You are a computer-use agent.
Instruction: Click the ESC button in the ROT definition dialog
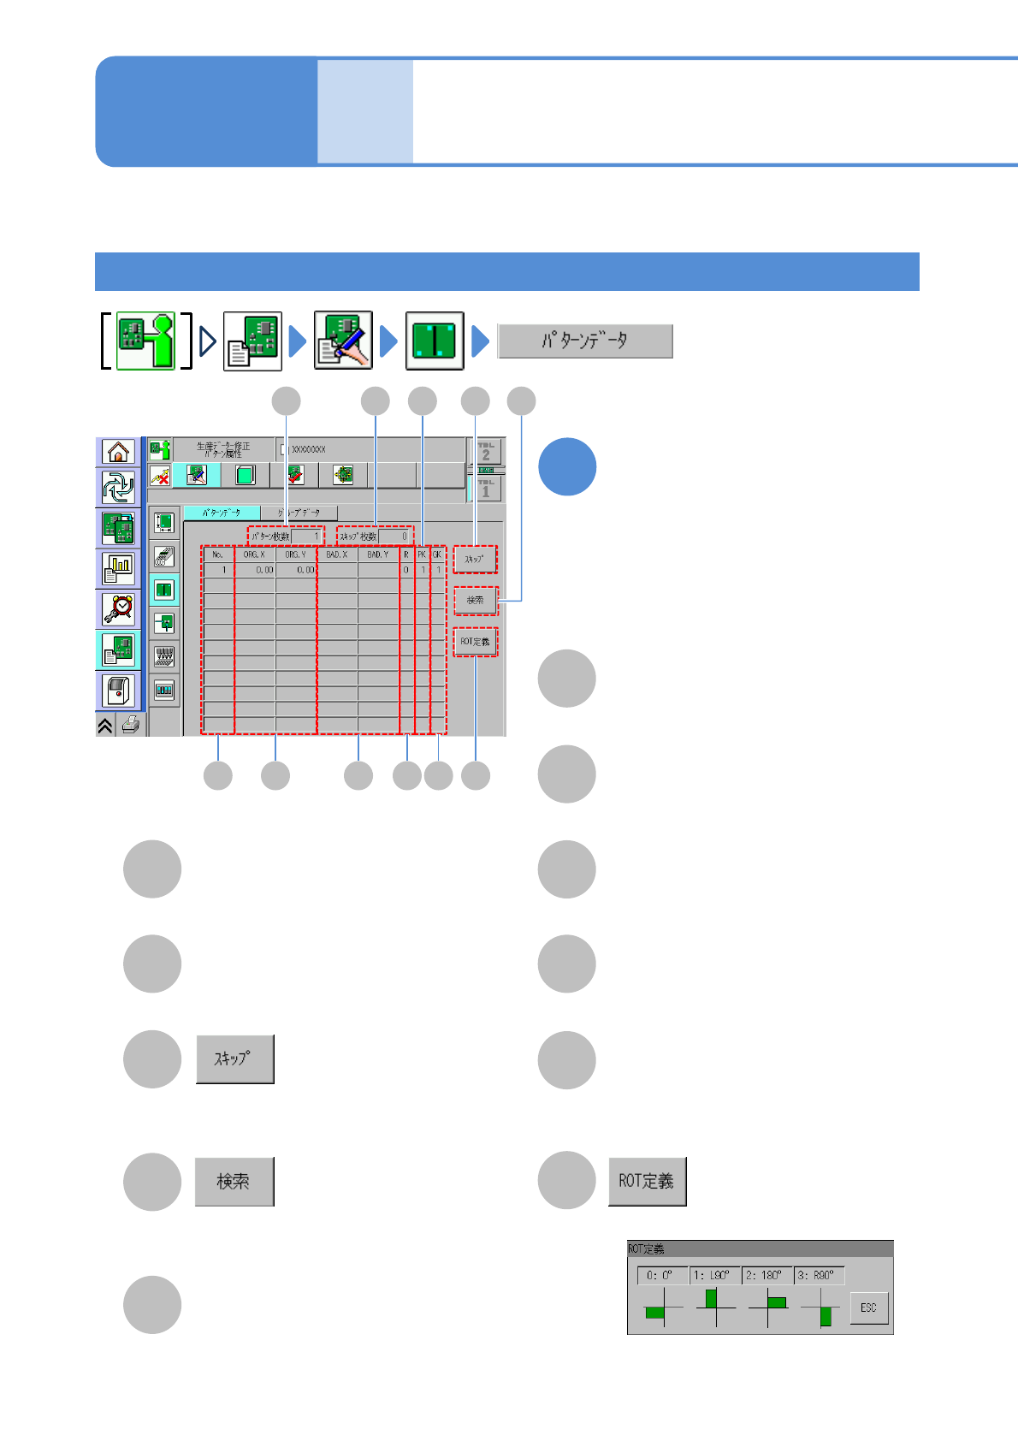pyautogui.click(x=868, y=1308)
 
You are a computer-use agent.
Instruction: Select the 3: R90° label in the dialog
pyautogui.click(x=819, y=1275)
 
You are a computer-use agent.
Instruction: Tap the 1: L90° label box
pyautogui.click(x=713, y=1275)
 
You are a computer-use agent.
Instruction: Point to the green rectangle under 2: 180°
pyautogui.click(x=777, y=1302)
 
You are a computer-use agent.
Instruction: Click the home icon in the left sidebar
pyautogui.click(x=118, y=451)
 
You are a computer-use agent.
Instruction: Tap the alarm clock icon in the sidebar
pyautogui.click(x=118, y=608)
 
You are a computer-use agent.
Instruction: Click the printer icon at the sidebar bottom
pyautogui.click(x=131, y=726)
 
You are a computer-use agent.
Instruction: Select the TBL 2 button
pyautogui.click(x=486, y=451)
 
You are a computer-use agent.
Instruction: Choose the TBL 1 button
pyautogui.click(x=486, y=488)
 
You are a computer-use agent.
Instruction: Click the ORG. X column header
pyautogui.click(x=254, y=554)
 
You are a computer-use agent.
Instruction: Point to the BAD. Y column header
pyautogui.click(x=377, y=554)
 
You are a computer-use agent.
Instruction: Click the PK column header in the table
pyautogui.click(x=422, y=554)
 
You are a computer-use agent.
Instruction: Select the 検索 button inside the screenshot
pyautogui.click(x=475, y=601)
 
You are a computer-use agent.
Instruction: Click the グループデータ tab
pyautogui.click(x=299, y=513)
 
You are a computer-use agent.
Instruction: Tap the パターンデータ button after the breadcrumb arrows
pyautogui.click(x=585, y=341)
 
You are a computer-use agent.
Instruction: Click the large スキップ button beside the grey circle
pyautogui.click(x=234, y=1059)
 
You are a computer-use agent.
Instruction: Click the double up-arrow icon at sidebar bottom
pyautogui.click(x=105, y=726)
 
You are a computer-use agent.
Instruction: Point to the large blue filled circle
pyautogui.click(x=567, y=466)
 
